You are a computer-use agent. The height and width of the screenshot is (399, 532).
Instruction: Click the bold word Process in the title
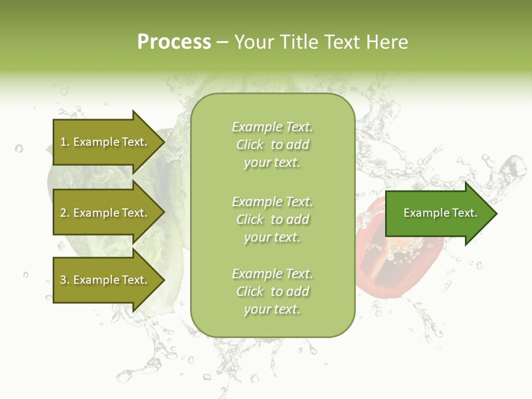(x=174, y=42)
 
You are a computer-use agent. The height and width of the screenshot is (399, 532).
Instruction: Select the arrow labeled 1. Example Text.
(x=104, y=142)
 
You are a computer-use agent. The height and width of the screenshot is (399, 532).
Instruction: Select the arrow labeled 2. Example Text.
(x=104, y=213)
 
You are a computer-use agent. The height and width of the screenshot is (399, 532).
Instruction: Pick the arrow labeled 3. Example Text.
(x=104, y=280)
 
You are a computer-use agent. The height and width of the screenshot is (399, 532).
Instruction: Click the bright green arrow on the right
(x=438, y=213)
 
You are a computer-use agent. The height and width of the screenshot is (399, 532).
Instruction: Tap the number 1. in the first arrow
(x=65, y=142)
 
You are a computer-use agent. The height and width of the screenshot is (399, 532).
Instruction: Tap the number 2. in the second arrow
(x=65, y=213)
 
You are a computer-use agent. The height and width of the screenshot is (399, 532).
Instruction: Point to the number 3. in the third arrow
(x=65, y=280)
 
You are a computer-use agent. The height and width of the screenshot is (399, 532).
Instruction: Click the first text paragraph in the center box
(x=272, y=145)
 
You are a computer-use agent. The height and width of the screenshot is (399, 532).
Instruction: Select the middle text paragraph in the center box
(x=272, y=219)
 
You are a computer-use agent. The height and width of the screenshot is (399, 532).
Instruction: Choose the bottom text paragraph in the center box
(x=272, y=291)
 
